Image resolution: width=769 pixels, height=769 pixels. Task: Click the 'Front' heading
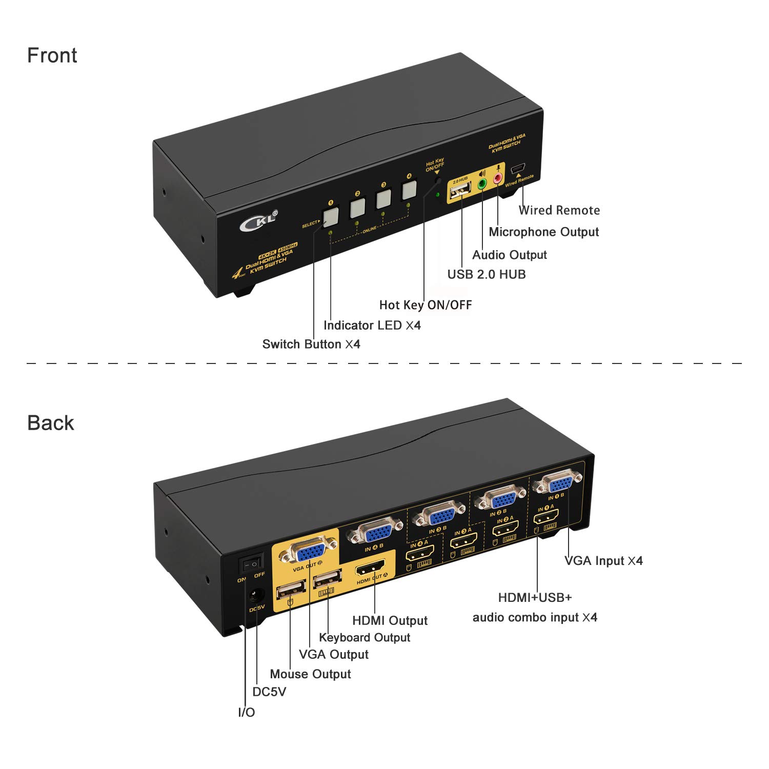pyautogui.click(x=52, y=55)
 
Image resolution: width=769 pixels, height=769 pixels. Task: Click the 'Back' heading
pyautogui.click(x=50, y=423)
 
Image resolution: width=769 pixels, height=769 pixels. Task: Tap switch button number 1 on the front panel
pyautogui.click(x=331, y=217)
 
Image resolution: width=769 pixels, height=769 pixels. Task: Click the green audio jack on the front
pyautogui.click(x=482, y=184)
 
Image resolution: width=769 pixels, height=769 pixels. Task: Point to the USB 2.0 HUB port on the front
pyautogui.click(x=460, y=192)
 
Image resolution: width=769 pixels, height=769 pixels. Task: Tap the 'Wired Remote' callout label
pyautogui.click(x=559, y=210)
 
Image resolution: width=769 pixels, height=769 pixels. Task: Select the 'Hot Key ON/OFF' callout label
pyautogui.click(x=425, y=305)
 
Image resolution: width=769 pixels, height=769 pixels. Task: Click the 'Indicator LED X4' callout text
pyautogui.click(x=372, y=326)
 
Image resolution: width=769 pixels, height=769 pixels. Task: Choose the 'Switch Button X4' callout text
pyautogui.click(x=311, y=344)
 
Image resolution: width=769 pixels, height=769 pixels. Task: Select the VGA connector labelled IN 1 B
pyautogui.click(x=557, y=482)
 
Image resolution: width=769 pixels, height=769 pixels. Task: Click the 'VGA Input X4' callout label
pyautogui.click(x=603, y=561)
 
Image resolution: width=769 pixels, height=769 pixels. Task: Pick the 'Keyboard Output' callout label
pyautogui.click(x=365, y=638)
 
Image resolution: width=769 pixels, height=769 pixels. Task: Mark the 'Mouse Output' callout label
pyautogui.click(x=310, y=674)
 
